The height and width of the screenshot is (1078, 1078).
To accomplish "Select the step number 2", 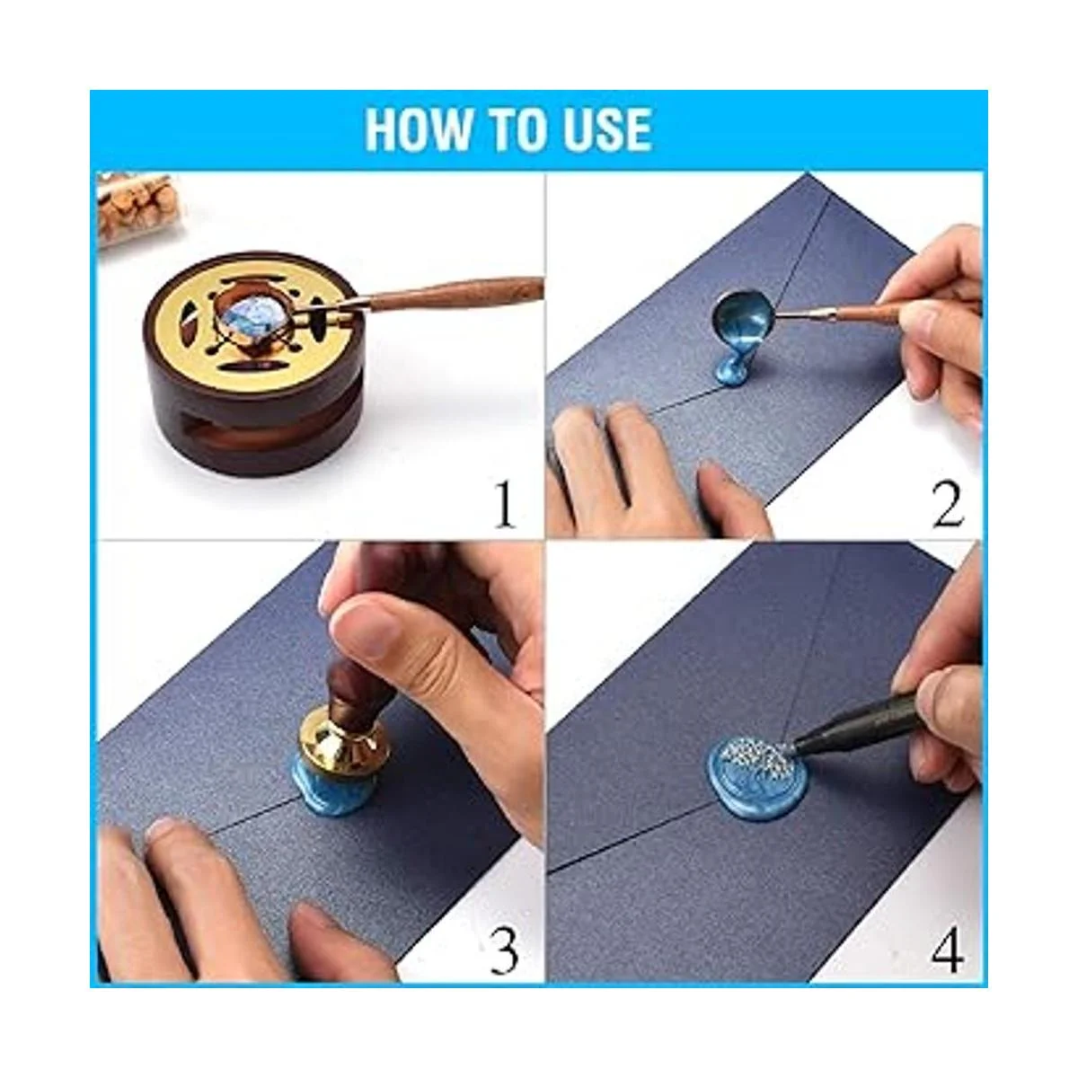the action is point(947,505).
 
